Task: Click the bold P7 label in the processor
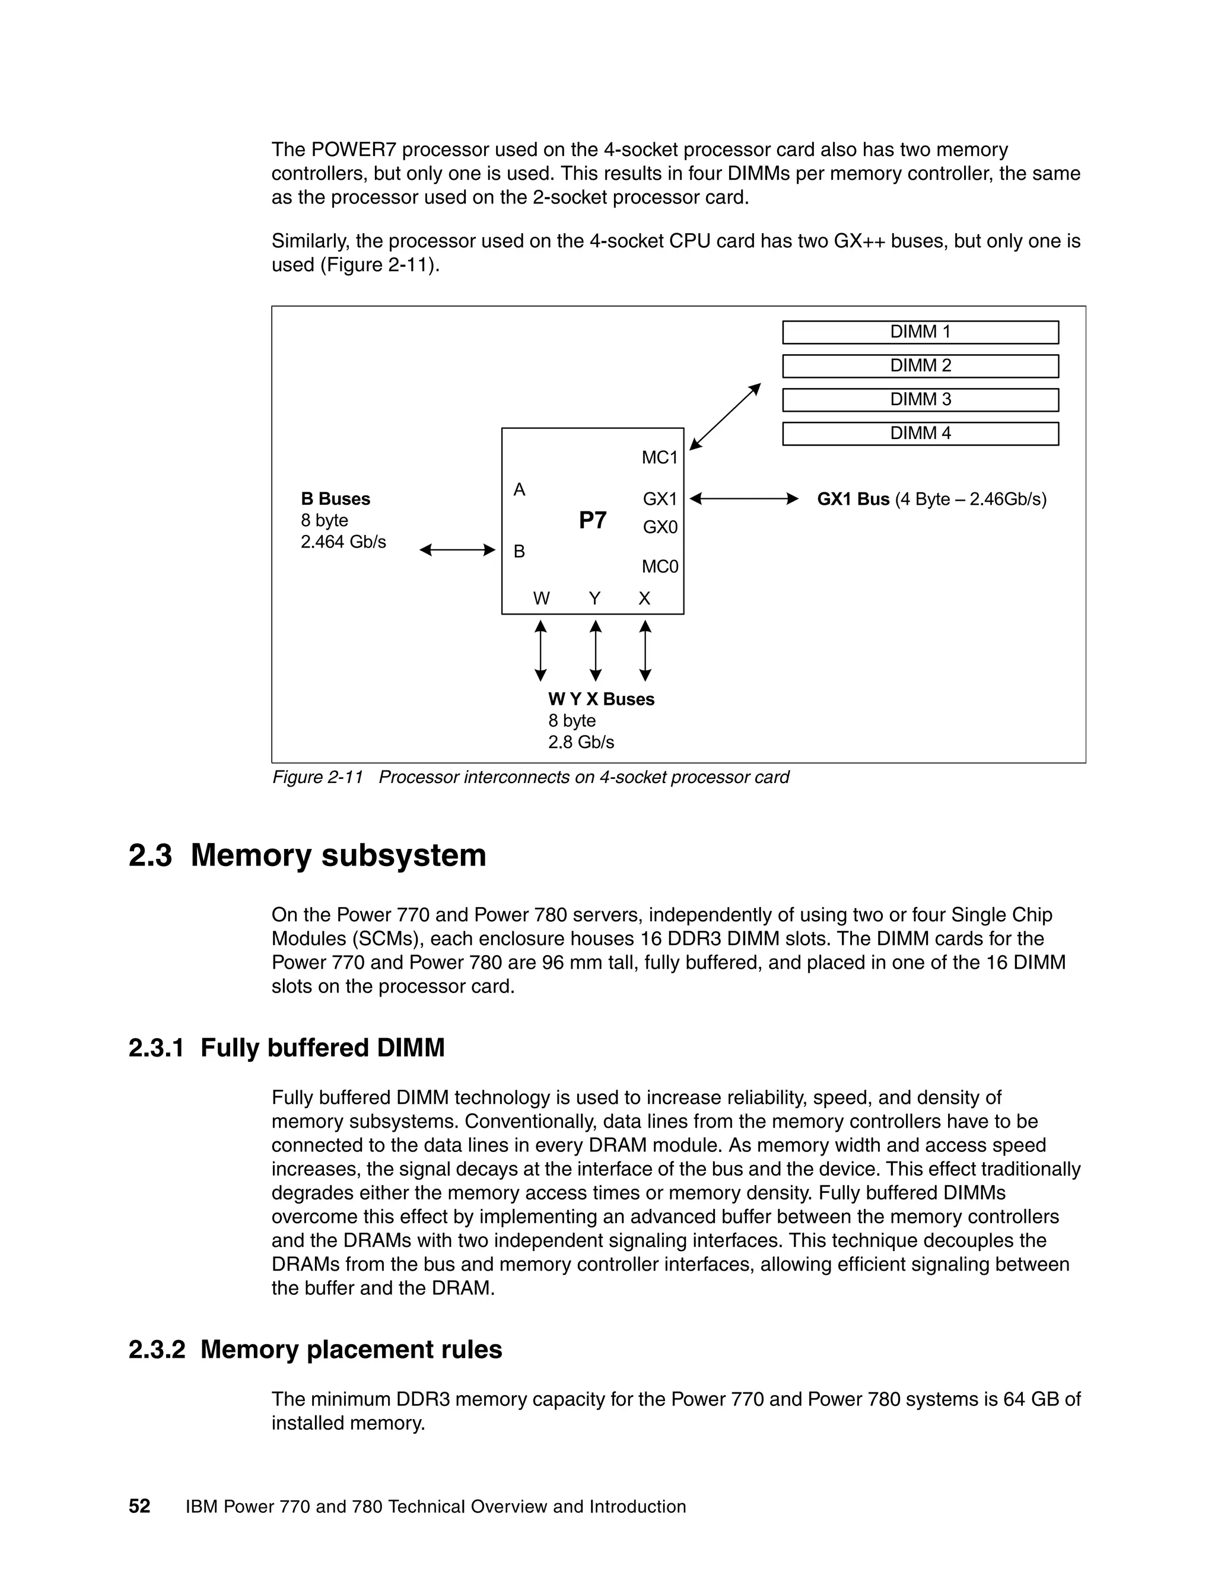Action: pyautogui.click(x=593, y=520)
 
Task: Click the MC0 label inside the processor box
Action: pyautogui.click(x=659, y=567)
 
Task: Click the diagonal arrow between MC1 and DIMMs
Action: pyautogui.click(x=725, y=417)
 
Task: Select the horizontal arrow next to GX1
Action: pyautogui.click(x=743, y=499)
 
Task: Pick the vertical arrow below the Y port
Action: pyautogui.click(x=595, y=651)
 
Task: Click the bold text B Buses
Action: pyautogui.click(x=335, y=499)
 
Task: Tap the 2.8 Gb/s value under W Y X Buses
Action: pyautogui.click(x=581, y=742)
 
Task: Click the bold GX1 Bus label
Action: pyautogui.click(x=853, y=499)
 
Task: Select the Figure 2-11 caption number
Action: pyautogui.click(x=317, y=777)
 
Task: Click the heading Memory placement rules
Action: pyautogui.click(x=351, y=1350)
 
